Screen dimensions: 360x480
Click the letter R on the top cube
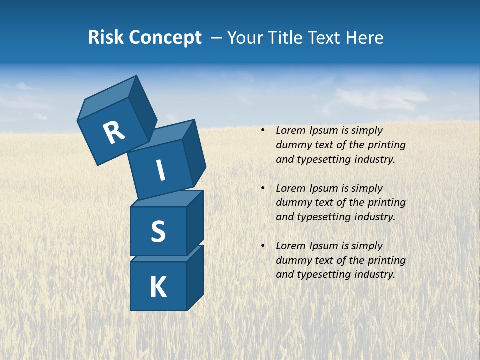[114, 133]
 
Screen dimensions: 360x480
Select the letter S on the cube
[158, 232]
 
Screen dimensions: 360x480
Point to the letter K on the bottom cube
[158, 287]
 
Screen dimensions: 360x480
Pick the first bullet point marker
[263, 130]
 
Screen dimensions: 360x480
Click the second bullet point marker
[263, 188]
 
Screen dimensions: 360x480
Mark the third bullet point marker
[263, 246]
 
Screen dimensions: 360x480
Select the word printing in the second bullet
[386, 203]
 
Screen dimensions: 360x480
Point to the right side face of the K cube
[195, 278]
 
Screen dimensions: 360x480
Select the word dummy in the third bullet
[294, 260]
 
